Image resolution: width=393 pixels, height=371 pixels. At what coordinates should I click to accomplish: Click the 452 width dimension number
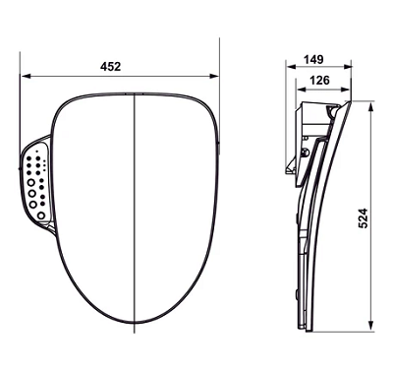click(x=110, y=67)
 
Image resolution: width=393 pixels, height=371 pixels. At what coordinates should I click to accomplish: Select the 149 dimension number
click(x=313, y=60)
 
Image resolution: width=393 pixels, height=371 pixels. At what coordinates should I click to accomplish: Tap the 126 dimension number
click(x=319, y=80)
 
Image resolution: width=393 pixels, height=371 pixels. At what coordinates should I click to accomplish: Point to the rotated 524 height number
click(x=363, y=218)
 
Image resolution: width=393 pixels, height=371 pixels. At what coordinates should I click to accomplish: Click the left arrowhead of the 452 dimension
click(x=26, y=76)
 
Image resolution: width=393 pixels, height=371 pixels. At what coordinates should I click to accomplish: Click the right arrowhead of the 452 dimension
click(x=214, y=76)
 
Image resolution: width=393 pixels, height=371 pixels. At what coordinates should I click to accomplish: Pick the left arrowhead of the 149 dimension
click(x=291, y=67)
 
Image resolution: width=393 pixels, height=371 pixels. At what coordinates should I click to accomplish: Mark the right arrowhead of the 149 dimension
click(x=348, y=67)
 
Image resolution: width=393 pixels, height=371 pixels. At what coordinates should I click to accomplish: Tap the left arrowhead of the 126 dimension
click(x=301, y=90)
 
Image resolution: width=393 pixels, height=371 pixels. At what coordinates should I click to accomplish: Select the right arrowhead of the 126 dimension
click(x=346, y=90)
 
